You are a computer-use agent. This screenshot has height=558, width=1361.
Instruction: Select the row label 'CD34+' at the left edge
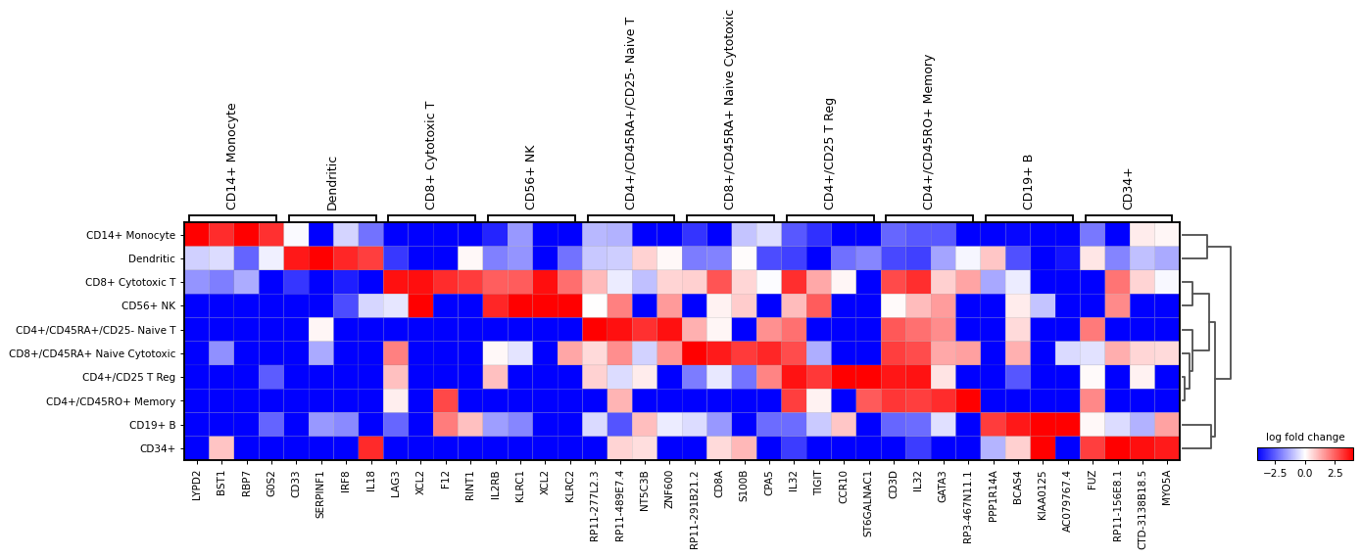(x=159, y=448)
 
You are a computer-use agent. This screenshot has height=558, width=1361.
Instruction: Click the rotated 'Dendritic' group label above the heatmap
(x=332, y=182)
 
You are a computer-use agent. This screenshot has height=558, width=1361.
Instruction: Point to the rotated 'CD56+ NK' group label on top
(x=530, y=177)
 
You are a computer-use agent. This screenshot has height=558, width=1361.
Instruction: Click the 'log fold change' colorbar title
(x=1305, y=438)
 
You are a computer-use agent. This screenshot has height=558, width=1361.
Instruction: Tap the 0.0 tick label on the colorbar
(x=1305, y=473)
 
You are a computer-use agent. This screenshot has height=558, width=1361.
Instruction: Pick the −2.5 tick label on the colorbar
(x=1273, y=473)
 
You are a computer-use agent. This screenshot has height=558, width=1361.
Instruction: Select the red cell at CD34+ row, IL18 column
(x=372, y=448)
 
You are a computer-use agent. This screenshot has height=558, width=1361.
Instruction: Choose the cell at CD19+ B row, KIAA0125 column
(x=1043, y=425)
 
